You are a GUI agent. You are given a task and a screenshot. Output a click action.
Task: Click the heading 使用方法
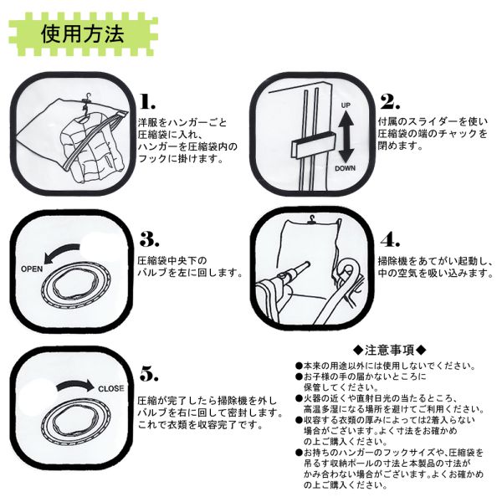83,34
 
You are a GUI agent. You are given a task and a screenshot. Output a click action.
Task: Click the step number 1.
147,101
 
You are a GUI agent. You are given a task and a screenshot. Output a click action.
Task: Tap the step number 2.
390,101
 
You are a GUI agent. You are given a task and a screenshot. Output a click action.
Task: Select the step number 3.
149,238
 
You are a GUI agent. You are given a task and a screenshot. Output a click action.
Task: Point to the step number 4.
390,239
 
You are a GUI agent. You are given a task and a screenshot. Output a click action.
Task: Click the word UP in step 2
346,105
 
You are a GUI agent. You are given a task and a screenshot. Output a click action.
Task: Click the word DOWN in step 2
346,168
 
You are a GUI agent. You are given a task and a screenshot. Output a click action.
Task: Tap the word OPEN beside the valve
32,269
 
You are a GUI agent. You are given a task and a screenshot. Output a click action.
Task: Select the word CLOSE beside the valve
110,389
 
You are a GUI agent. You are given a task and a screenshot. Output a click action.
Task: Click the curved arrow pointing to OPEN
61,252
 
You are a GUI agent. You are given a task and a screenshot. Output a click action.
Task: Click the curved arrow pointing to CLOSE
75,384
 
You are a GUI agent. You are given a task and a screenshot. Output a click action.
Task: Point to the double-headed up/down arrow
346,137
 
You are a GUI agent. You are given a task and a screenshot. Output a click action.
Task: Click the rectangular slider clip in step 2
313,145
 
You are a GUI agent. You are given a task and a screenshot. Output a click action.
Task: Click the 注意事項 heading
390,350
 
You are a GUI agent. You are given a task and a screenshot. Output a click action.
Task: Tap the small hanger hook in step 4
311,219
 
